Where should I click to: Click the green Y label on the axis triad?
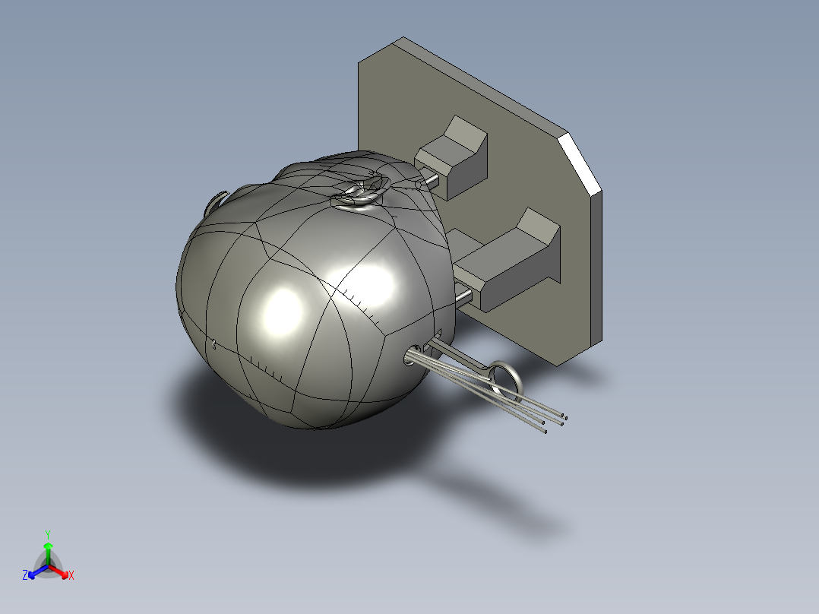tap(48, 533)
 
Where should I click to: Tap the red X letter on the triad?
tap(71, 576)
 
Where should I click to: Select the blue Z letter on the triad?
tap(25, 576)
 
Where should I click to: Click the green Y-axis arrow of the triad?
tap(48, 550)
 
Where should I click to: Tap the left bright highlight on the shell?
tap(282, 312)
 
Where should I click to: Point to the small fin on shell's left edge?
tap(216, 201)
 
